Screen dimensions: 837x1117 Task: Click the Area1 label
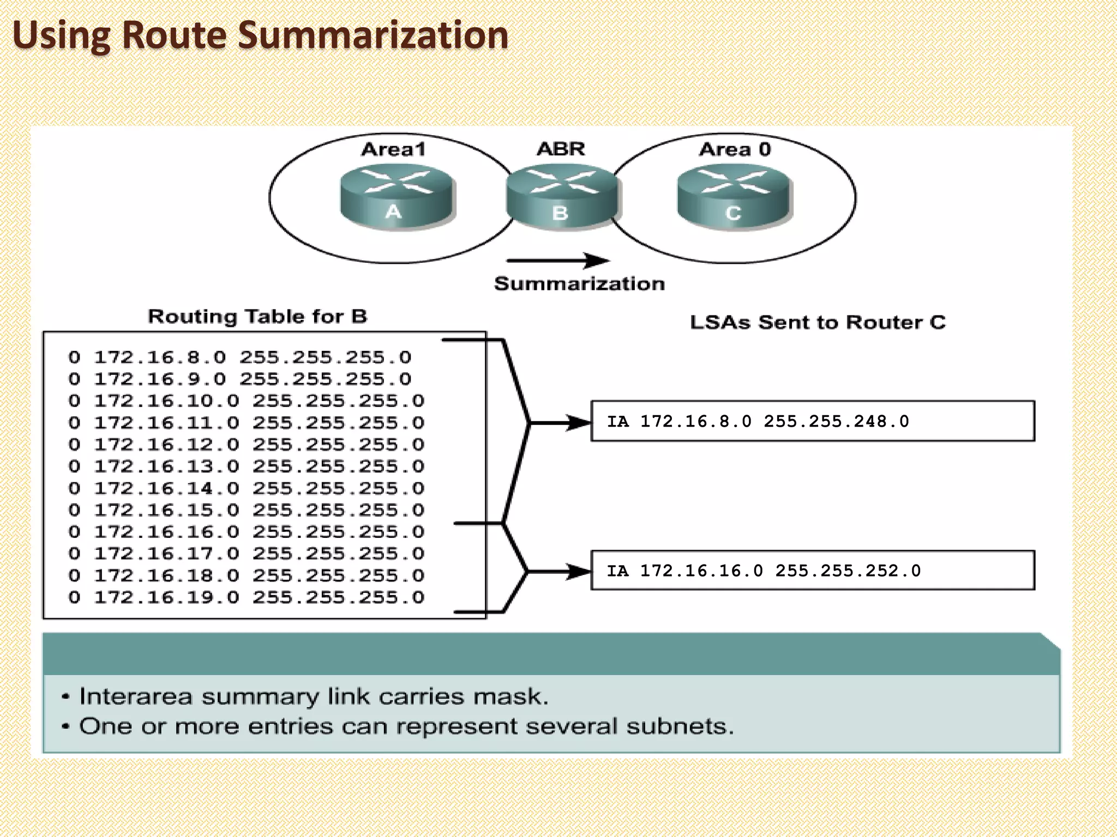point(393,149)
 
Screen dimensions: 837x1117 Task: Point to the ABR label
point(561,149)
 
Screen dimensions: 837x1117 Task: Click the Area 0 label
point(735,149)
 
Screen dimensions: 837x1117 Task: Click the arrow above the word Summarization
point(557,260)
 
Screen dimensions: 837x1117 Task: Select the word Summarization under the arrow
point(579,284)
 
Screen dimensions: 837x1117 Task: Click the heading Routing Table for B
point(257,317)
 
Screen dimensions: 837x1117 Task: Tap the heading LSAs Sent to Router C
point(817,323)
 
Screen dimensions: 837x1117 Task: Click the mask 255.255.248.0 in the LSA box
point(836,421)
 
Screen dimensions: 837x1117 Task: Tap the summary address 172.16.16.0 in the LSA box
point(701,571)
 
